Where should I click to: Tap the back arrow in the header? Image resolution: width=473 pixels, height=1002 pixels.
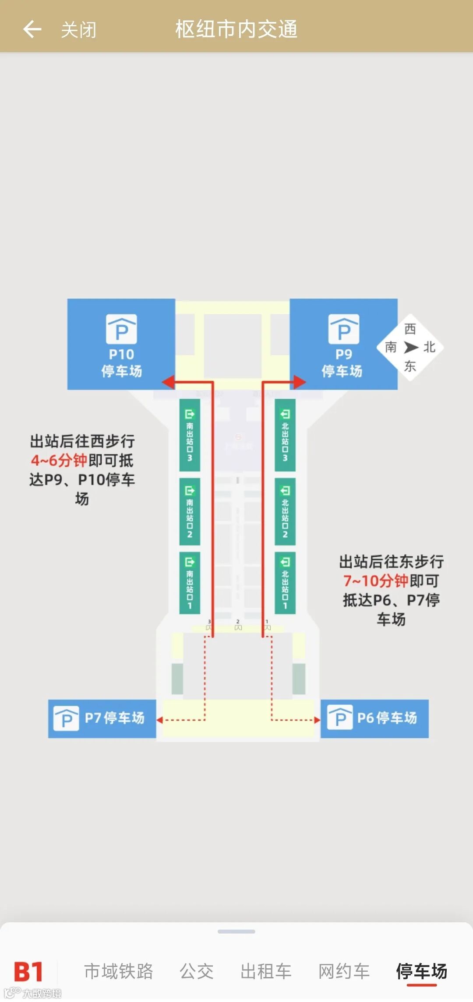pyautogui.click(x=32, y=29)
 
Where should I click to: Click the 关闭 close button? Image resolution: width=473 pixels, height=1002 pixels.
pyautogui.click(x=78, y=30)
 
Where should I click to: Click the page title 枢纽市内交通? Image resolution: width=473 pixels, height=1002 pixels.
pyautogui.click(x=236, y=29)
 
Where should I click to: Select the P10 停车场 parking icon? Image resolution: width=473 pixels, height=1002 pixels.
pyautogui.click(x=121, y=329)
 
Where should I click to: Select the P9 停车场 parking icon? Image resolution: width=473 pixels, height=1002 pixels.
pyautogui.click(x=344, y=329)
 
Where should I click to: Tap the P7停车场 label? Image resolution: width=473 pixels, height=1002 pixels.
pyautogui.click(x=114, y=718)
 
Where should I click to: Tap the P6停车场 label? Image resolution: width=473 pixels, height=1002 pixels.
pyautogui.click(x=387, y=718)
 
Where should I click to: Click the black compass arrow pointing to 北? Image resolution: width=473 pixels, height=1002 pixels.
pyautogui.click(x=411, y=347)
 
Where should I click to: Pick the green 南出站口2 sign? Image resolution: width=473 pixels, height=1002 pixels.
pyautogui.click(x=190, y=511)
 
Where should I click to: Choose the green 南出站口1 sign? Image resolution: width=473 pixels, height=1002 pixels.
pyautogui.click(x=190, y=583)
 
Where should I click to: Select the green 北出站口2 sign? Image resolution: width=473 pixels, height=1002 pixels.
pyautogui.click(x=285, y=511)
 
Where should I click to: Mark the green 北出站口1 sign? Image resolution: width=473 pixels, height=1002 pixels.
pyautogui.click(x=285, y=583)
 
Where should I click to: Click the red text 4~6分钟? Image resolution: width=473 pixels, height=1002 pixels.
pyautogui.click(x=59, y=460)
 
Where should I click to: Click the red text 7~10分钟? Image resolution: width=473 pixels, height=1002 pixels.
pyautogui.click(x=375, y=580)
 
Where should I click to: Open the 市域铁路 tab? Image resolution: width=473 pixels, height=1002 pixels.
pyautogui.click(x=118, y=971)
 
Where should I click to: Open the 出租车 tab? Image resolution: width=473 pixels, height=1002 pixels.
pyautogui.click(x=266, y=971)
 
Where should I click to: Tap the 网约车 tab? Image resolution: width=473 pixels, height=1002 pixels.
pyautogui.click(x=344, y=971)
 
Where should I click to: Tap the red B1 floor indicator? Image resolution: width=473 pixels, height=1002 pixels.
pyautogui.click(x=28, y=972)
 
